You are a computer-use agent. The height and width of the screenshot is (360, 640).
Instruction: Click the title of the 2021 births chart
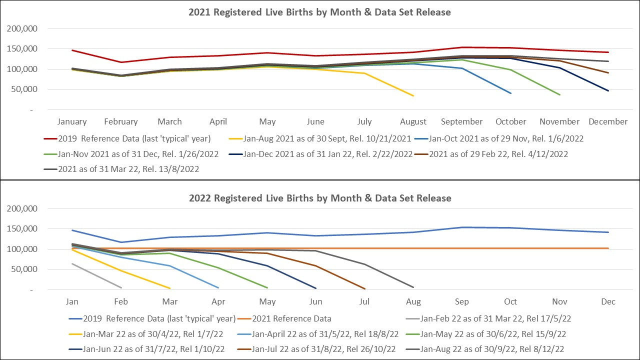click(x=319, y=12)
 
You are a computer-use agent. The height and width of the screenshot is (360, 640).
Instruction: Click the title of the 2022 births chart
click(x=319, y=198)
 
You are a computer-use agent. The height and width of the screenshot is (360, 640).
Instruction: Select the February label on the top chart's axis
click(x=120, y=121)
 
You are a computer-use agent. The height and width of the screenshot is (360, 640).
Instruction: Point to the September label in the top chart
click(x=462, y=121)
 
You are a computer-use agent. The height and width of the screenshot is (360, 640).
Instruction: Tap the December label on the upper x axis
click(x=608, y=121)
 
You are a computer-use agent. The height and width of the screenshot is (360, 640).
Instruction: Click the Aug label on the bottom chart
click(x=413, y=301)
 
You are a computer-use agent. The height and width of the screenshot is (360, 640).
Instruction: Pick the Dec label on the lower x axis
click(x=608, y=301)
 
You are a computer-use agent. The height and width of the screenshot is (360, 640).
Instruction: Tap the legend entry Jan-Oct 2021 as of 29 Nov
click(x=500, y=139)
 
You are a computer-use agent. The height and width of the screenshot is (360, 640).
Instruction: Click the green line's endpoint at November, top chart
click(x=559, y=94)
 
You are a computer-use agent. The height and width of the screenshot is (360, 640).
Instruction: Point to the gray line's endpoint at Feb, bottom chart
click(x=121, y=287)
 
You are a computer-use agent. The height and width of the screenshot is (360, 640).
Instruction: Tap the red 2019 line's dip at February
click(x=120, y=62)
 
